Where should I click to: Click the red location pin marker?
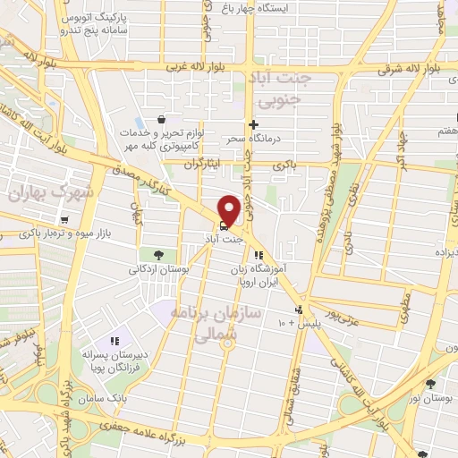tap(229, 209)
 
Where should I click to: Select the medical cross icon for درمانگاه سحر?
tap(253, 124)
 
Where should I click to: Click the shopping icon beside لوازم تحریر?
tap(160, 119)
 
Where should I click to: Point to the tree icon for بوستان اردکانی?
tap(158, 254)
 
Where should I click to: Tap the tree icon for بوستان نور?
tap(431, 383)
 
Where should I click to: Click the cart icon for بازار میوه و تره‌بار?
tap(64, 220)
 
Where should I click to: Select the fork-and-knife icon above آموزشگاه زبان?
tap(259, 255)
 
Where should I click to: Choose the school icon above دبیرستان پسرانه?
tap(114, 340)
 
